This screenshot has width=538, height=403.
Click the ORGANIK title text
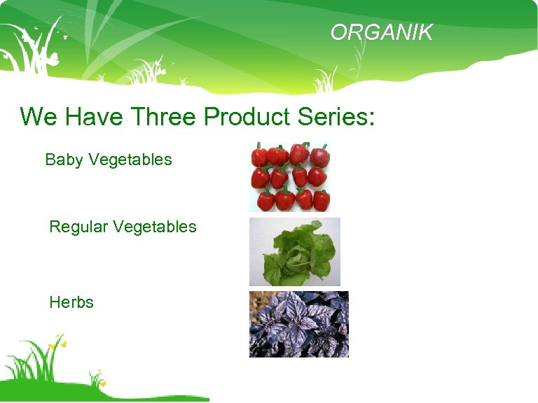(382, 33)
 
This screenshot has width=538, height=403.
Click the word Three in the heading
(165, 116)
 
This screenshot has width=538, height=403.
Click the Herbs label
(71, 302)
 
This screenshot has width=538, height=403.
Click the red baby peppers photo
(290, 177)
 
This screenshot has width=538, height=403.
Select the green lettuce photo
(295, 251)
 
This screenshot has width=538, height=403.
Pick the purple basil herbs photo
(299, 324)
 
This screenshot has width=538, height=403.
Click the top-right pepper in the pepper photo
(320, 155)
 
